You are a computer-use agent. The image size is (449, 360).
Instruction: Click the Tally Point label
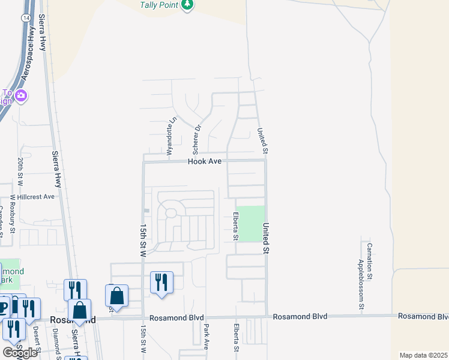tap(158, 5)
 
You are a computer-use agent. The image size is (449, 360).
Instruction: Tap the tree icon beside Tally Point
tap(188, 5)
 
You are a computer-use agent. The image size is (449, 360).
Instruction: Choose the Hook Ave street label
tap(205, 161)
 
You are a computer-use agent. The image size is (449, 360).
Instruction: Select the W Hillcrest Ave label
tap(32, 196)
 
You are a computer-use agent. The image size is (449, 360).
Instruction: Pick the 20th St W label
tap(20, 171)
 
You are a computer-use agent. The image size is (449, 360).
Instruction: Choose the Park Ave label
tap(206, 338)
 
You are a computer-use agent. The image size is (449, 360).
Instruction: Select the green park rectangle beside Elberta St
tap(252, 224)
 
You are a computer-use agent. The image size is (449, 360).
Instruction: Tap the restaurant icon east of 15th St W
tap(161, 282)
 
